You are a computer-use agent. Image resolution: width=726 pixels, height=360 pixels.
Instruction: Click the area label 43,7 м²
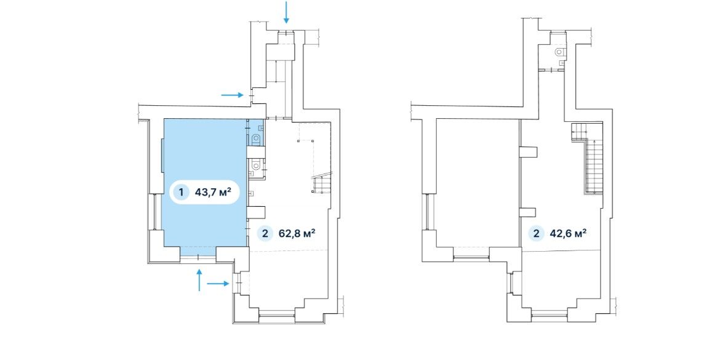[x=213, y=192]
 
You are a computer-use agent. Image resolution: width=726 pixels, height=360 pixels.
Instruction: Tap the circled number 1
[x=181, y=192]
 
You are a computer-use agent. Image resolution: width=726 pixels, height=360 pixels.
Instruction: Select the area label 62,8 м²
[x=297, y=233]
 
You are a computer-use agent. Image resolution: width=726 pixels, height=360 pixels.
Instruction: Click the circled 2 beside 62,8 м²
[x=265, y=233]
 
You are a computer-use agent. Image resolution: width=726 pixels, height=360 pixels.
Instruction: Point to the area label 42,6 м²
[x=568, y=233]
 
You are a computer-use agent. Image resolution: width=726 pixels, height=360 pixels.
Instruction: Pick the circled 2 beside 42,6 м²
[x=537, y=233]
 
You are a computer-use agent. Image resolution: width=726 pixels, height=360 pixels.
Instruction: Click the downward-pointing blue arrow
[x=286, y=12]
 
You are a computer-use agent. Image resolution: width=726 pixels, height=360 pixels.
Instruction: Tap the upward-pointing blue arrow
[x=199, y=280]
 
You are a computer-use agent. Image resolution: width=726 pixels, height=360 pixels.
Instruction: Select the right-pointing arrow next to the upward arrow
[x=218, y=283]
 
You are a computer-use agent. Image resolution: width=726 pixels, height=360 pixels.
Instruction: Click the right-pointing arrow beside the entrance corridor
[x=233, y=95]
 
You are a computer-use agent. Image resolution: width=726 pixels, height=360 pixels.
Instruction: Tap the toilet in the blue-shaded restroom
[x=255, y=138]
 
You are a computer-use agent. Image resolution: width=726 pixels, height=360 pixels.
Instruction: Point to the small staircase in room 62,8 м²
[x=322, y=184]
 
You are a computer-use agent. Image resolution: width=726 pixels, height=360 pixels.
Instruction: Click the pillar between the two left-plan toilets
[x=256, y=152]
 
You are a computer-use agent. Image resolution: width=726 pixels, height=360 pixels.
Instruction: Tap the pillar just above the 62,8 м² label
[x=255, y=212]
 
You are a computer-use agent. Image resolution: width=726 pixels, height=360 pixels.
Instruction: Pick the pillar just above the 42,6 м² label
[x=527, y=212]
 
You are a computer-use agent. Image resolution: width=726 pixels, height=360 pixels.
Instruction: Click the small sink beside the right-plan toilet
[x=561, y=63]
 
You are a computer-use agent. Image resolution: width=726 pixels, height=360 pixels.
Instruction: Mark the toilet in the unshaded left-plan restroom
[x=255, y=164]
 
